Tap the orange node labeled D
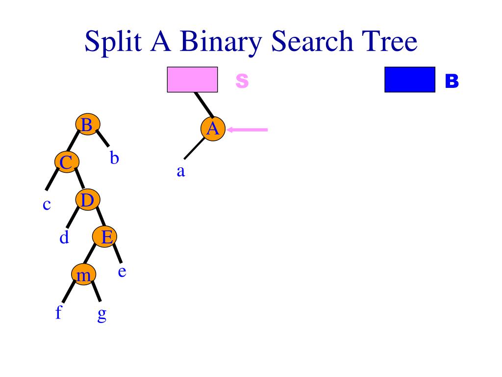[87, 200]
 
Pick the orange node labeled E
[105, 237]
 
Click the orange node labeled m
[83, 275]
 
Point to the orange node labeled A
[213, 129]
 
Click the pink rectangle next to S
[192, 80]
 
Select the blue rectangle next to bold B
[410, 80]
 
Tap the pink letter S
[242, 81]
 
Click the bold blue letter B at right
[452, 81]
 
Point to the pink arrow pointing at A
[248, 130]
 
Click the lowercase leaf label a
[180, 172]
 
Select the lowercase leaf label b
[114, 158]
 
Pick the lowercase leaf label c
[47, 204]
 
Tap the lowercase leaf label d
[64, 238]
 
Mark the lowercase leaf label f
[58, 312]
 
